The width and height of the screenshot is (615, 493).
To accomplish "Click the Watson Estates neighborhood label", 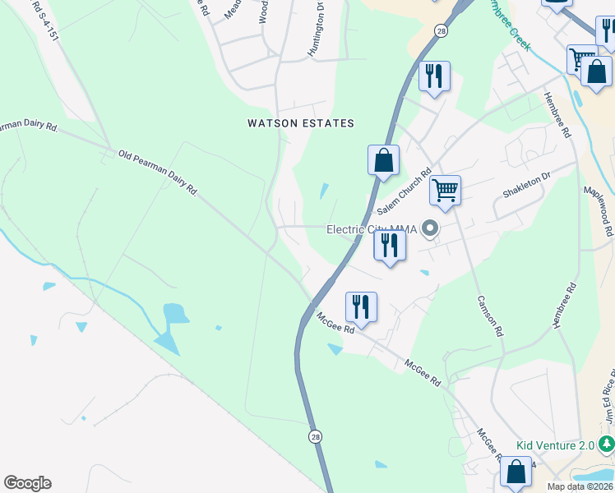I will [301, 123].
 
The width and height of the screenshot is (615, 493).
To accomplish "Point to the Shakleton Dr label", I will [526, 187].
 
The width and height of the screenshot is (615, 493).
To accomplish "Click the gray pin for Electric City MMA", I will [429, 228].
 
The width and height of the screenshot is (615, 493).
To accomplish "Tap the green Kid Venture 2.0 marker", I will [607, 445].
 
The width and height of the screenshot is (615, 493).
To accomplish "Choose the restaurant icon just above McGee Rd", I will [361, 306].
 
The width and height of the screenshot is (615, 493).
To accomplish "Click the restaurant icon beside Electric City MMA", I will [389, 245].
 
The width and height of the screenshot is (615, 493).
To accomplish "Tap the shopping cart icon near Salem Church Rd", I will [445, 190].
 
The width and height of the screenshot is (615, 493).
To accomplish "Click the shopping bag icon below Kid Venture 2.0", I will [516, 472].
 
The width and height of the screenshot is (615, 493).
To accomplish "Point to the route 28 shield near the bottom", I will [316, 437].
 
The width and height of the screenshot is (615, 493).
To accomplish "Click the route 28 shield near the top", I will [442, 30].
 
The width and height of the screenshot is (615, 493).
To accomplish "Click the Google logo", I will [27, 483].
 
